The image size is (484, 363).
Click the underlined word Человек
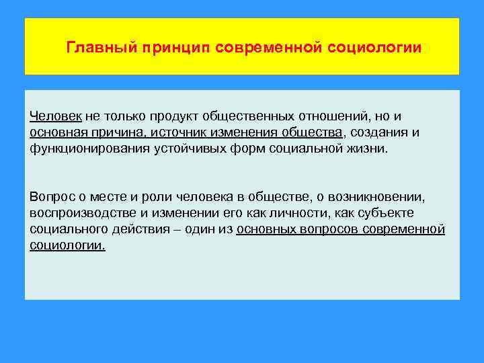55,116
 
